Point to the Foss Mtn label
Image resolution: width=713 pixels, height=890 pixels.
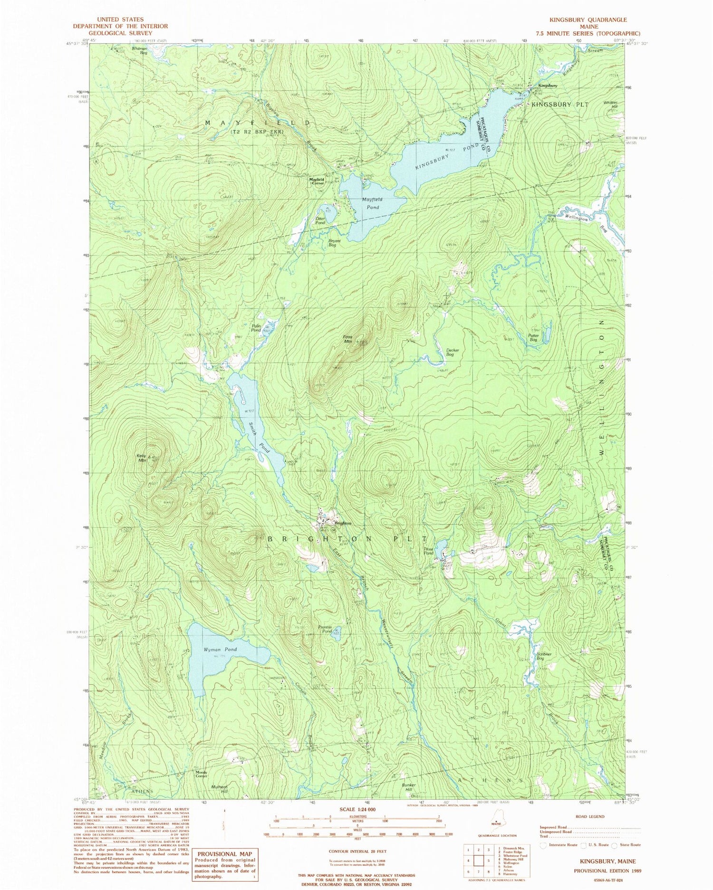pyautogui.click(x=347, y=339)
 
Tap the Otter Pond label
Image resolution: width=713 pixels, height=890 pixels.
pyautogui.click(x=320, y=220)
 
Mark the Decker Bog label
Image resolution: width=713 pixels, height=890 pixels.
pyautogui.click(x=450, y=353)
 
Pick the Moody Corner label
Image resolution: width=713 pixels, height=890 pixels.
pyautogui.click(x=201, y=774)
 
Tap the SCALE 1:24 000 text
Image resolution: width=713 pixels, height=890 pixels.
pyautogui.click(x=357, y=809)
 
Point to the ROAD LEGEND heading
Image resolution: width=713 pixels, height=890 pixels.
pyautogui.click(x=589, y=816)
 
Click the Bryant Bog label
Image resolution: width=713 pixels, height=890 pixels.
pyautogui.click(x=332, y=243)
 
